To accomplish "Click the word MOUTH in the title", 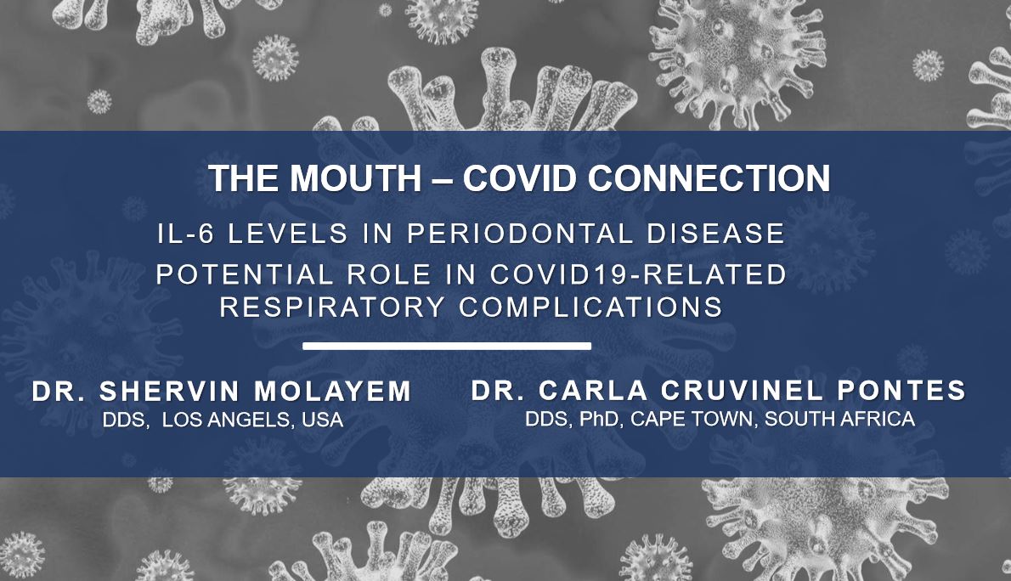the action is [x=355, y=178].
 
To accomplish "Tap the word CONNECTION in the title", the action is [x=709, y=178].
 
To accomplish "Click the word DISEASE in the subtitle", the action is [x=715, y=234].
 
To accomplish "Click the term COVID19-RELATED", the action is [x=638, y=274].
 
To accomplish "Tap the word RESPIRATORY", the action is [x=333, y=307].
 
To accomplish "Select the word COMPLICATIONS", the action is [x=590, y=307].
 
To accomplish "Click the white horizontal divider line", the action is [x=447, y=347].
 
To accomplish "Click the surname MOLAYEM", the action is [x=333, y=392].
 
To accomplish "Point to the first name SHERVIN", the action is [x=170, y=392].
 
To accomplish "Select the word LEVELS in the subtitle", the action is [x=288, y=234].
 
